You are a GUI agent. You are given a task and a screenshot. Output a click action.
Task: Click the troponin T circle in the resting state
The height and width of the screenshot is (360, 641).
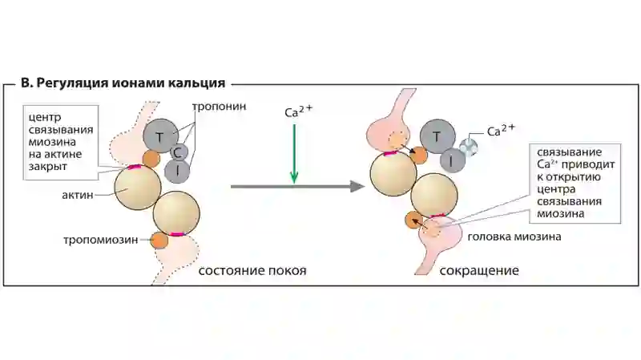click(161, 136)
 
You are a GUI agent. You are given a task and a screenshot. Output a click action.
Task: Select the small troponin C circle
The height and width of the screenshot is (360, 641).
click(179, 152)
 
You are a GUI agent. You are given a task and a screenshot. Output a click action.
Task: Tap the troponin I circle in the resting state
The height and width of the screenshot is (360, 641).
click(177, 171)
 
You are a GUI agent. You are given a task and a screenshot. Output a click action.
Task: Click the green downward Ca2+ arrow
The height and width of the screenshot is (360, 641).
click(294, 154)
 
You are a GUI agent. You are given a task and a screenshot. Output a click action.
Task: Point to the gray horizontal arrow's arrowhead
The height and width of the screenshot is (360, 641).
click(357, 187)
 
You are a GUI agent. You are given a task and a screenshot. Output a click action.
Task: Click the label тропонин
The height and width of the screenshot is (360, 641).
click(219, 107)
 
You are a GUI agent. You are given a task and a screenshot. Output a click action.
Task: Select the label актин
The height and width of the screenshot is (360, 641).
click(78, 195)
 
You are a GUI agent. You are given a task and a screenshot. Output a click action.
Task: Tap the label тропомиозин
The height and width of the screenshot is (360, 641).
click(101, 240)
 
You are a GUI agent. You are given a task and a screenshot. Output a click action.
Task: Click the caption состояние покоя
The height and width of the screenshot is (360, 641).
click(252, 270)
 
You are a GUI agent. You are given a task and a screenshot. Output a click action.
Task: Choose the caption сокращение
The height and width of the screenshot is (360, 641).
click(479, 270)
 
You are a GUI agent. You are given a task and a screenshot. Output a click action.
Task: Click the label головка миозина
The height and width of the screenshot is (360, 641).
click(514, 237)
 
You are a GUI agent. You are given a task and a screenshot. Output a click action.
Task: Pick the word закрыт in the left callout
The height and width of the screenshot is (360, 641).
click(48, 167)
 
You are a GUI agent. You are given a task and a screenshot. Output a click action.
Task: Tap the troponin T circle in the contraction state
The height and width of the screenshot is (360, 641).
click(437, 136)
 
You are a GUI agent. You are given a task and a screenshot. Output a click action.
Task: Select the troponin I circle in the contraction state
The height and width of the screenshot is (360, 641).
click(453, 160)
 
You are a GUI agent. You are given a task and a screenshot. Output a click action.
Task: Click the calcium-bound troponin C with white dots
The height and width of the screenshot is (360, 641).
click(469, 147)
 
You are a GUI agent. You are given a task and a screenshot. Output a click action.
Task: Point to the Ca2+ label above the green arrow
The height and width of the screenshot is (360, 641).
click(298, 111)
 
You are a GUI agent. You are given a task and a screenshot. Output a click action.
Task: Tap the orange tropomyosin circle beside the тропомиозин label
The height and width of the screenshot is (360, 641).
click(159, 241)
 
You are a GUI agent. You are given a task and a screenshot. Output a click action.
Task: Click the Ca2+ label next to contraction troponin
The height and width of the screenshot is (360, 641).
click(501, 130)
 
